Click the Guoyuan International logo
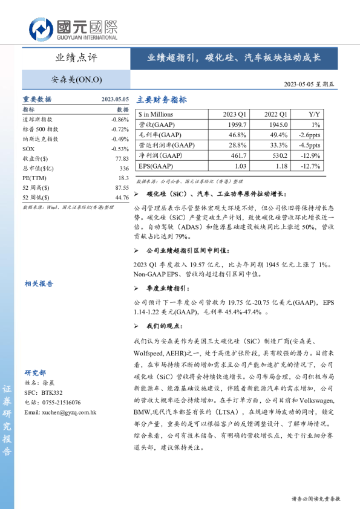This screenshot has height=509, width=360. click(73, 28)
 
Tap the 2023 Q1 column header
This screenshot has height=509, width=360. click(235, 114)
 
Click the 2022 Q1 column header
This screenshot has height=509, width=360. click(276, 114)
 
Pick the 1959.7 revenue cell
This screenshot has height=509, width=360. click(235, 124)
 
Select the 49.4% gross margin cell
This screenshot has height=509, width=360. click(276, 134)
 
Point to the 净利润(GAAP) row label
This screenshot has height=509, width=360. click(160, 155)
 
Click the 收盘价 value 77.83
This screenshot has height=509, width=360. click(122, 158)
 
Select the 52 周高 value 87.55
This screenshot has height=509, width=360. click(122, 187)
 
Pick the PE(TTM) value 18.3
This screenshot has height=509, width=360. click(123, 178)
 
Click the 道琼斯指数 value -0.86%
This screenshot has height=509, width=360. click(120, 120)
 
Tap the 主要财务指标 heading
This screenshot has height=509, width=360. click(162, 100)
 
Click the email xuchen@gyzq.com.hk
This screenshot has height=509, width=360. click(60, 412)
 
